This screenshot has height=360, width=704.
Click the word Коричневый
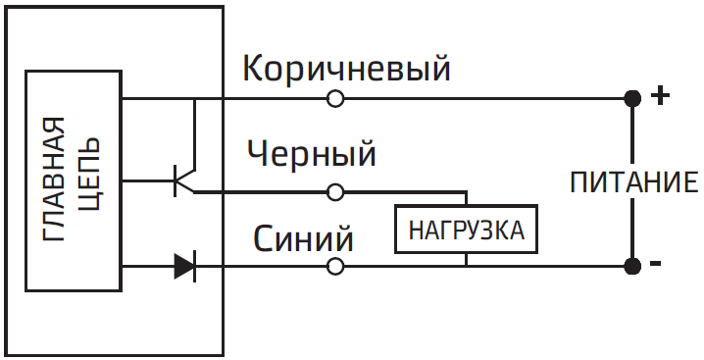click(x=345, y=69)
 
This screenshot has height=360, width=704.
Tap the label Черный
click(x=312, y=154)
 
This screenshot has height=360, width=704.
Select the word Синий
click(x=303, y=238)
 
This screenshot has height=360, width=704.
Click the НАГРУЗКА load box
click(x=466, y=231)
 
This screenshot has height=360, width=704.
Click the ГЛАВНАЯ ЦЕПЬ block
click(x=74, y=180)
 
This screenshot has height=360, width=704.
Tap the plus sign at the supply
click(x=661, y=96)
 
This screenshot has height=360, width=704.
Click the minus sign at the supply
click(x=656, y=264)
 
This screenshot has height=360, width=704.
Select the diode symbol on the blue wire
click(x=184, y=266)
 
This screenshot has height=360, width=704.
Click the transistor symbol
click(x=184, y=180)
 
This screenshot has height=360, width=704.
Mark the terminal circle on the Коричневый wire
click(x=335, y=98)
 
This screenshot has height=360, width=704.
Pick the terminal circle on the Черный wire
click(x=335, y=191)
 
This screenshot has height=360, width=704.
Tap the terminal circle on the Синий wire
click(x=335, y=266)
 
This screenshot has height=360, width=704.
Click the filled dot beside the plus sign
click(x=632, y=98)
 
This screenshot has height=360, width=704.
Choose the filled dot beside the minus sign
click(x=632, y=266)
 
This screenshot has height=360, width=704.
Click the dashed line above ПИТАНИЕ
click(x=632, y=132)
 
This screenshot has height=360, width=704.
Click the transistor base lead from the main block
click(x=147, y=180)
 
